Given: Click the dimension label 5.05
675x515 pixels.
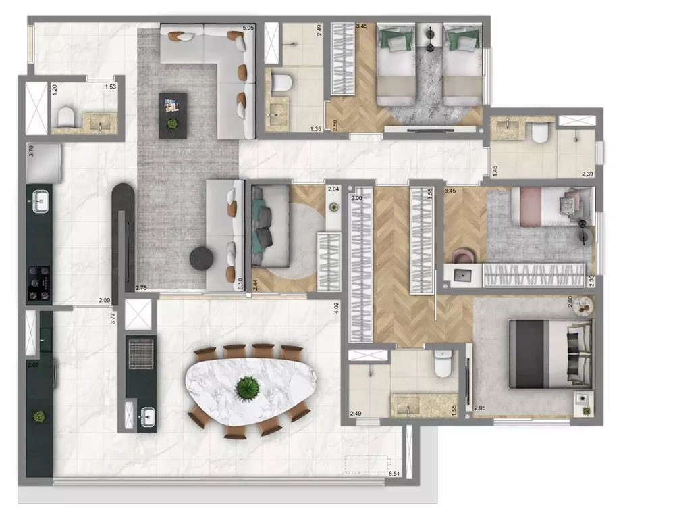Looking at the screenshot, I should pyautogui.click(x=248, y=28).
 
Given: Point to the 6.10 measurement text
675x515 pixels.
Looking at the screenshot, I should pyautogui.click(x=240, y=285).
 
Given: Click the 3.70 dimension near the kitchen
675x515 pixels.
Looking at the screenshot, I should pyautogui.click(x=31, y=150).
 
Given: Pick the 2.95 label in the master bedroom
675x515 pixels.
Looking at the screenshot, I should pyautogui.click(x=480, y=408).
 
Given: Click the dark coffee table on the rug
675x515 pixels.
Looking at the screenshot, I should pyautogui.click(x=172, y=116).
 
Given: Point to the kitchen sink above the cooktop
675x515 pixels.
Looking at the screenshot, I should pyautogui.click(x=39, y=200).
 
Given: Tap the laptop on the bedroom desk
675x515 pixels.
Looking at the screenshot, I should pyautogui.click(x=464, y=274).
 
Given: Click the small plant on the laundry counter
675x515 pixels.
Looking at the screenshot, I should pyautogui.click(x=39, y=416).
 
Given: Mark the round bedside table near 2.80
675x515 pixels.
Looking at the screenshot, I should pyautogui.click(x=585, y=306).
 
